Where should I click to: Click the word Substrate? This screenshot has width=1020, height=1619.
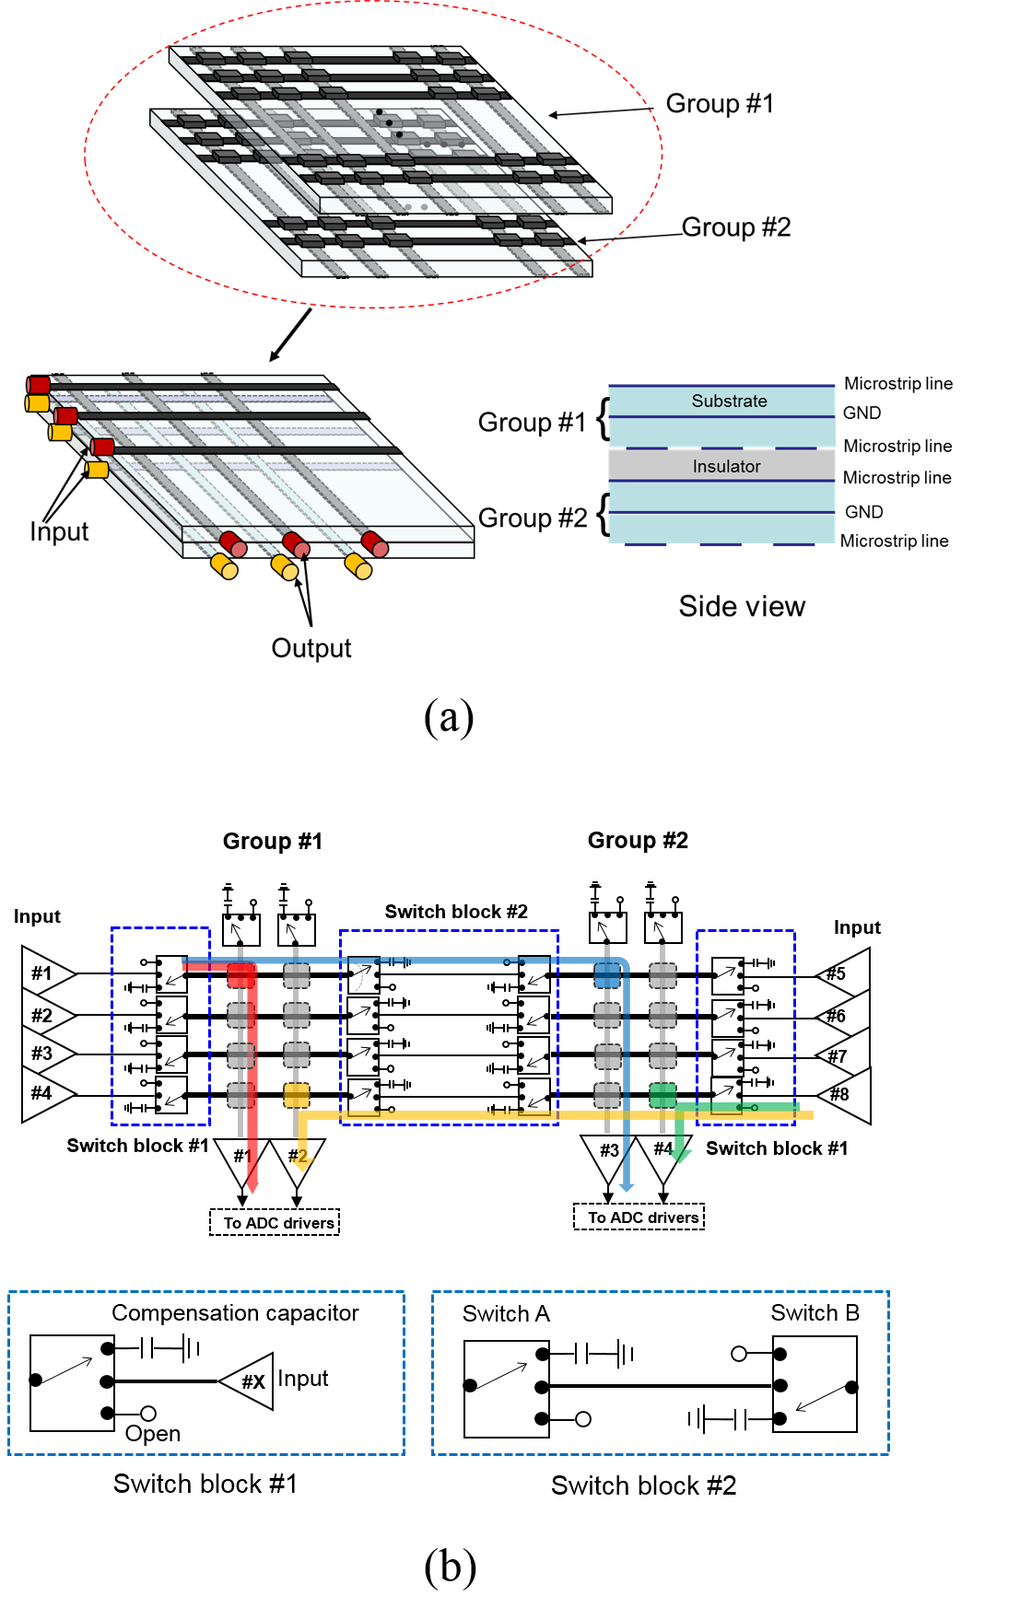point(729,402)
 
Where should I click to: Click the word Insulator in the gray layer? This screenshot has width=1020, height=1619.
point(726,467)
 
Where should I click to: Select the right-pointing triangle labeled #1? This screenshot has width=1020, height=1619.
point(46,973)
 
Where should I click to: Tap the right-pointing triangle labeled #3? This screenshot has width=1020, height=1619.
point(46,1053)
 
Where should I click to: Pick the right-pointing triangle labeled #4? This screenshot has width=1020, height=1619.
point(46,1093)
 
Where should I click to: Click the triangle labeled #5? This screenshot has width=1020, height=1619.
point(846,973)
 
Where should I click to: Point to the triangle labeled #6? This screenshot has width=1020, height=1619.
point(846,1015)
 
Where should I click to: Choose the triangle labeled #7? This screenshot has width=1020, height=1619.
point(846,1055)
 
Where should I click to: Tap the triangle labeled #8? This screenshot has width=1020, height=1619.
point(846,1094)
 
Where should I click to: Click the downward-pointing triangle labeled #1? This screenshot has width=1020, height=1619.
point(241,1158)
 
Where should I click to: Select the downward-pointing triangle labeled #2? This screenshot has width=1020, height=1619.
point(297,1158)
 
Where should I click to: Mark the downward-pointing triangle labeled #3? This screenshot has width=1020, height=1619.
point(609,1154)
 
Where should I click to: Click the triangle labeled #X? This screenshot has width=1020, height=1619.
point(251,1381)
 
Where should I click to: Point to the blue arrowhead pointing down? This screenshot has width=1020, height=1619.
point(627,1187)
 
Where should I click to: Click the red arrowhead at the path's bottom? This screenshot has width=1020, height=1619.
point(252,1188)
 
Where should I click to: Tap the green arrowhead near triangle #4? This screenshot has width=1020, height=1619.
point(682,1155)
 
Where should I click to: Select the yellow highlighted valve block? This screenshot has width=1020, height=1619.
point(297,1095)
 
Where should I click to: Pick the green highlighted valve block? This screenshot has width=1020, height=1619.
point(662,1095)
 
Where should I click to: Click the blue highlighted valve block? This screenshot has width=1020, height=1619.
point(607,975)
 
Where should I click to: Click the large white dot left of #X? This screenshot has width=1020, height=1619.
point(148,1414)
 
